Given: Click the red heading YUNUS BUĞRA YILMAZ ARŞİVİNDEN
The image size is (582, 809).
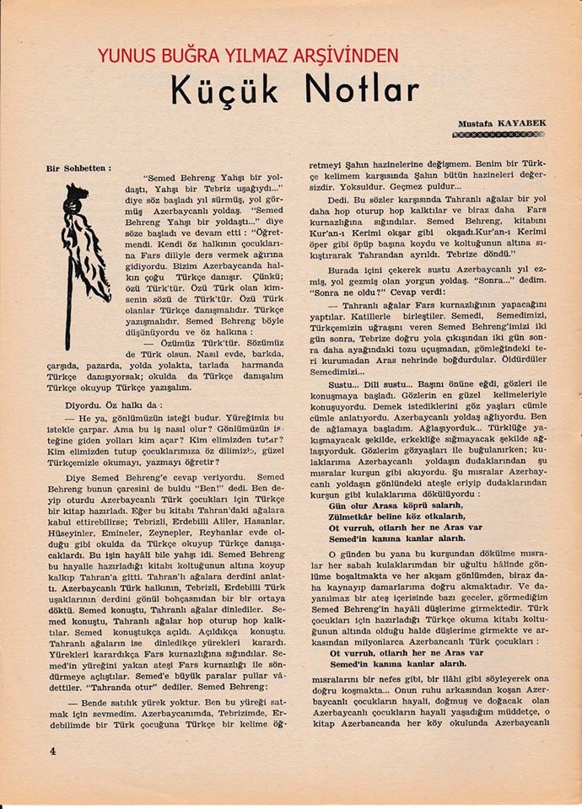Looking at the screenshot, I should (x=247, y=56).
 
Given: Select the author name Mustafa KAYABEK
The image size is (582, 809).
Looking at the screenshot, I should (x=504, y=123).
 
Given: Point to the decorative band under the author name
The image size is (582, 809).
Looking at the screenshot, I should (x=499, y=135).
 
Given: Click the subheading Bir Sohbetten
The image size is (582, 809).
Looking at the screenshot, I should (x=78, y=169).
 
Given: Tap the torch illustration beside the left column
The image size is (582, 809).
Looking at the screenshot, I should (x=81, y=253).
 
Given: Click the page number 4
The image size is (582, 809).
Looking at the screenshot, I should (x=52, y=753).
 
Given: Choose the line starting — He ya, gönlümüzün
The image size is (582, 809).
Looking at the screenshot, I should (x=169, y=419).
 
